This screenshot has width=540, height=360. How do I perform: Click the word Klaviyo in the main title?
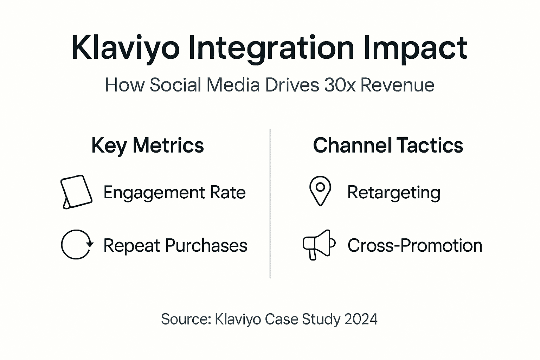pyautogui.click(x=125, y=48)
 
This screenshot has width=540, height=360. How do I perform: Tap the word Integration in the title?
pyautogui.click(x=271, y=48)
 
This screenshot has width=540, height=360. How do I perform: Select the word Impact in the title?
pyautogui.click(x=415, y=48)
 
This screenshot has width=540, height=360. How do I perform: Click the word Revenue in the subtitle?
pyautogui.click(x=397, y=85)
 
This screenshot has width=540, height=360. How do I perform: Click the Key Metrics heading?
pyautogui.click(x=147, y=145)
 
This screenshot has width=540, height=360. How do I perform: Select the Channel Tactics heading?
pyautogui.click(x=388, y=145)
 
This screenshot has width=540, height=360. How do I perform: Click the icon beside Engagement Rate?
pyautogui.click(x=76, y=192)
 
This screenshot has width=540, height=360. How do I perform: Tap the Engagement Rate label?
pyautogui.click(x=174, y=192)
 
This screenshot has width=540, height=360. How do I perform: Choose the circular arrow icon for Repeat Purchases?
pyautogui.click(x=77, y=245)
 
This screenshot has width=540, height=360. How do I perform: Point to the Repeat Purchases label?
pyautogui.click(x=175, y=245)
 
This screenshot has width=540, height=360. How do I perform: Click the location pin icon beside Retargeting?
pyautogui.click(x=320, y=191)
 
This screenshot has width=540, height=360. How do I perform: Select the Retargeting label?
pyautogui.click(x=394, y=193)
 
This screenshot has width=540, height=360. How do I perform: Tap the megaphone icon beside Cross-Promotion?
pyautogui.click(x=319, y=244)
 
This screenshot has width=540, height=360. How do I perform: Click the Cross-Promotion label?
pyautogui.click(x=415, y=245)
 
